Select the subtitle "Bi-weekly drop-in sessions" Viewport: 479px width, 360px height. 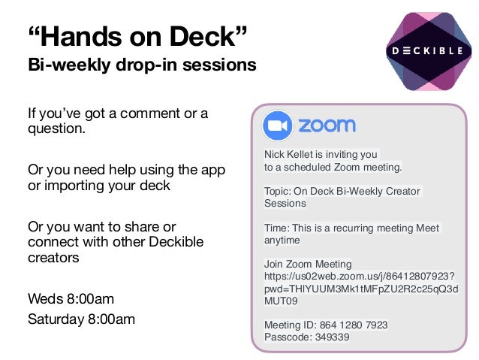142,65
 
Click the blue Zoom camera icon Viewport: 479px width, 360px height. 277,126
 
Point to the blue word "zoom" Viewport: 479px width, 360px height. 327,126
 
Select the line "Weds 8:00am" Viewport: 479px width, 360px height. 71,299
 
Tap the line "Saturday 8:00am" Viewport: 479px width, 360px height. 81,319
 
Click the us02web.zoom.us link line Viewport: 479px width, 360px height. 364,277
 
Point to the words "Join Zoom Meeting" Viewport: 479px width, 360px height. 308,264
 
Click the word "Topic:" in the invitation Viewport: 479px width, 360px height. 278,191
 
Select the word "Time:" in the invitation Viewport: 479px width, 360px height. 276,228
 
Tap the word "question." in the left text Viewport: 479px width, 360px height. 56,129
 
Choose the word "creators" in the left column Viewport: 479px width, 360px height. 53,258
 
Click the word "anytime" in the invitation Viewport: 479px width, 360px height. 282,241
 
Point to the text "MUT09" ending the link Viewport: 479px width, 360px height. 281,301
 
